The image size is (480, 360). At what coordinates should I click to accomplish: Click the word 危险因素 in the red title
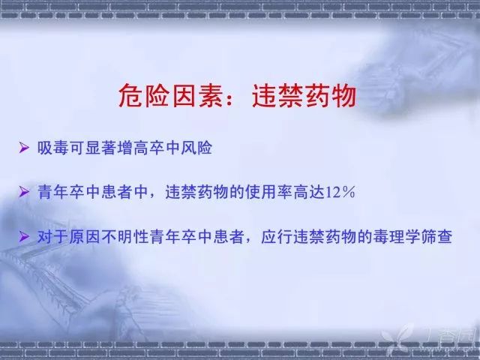point(170,96)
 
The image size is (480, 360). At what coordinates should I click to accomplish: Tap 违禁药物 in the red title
point(304,96)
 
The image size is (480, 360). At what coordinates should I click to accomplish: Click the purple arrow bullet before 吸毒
point(24,148)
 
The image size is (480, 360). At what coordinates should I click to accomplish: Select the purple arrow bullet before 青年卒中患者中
point(24,192)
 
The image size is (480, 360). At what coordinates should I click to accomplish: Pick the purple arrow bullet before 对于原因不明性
point(24,236)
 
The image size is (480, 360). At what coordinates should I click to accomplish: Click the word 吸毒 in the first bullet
point(53,148)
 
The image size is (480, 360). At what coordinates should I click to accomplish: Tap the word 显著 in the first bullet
point(100,148)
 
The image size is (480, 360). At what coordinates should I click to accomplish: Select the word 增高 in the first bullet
point(133,148)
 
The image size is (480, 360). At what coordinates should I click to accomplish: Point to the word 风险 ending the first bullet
point(196,148)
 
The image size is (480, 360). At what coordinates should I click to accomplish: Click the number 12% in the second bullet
point(340,192)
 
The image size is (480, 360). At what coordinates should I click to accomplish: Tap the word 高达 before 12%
point(309,192)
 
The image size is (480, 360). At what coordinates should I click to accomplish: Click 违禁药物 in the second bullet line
point(197,192)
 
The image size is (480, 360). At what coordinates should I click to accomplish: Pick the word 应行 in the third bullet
point(277,237)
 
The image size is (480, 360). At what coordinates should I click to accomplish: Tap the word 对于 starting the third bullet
point(53,237)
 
